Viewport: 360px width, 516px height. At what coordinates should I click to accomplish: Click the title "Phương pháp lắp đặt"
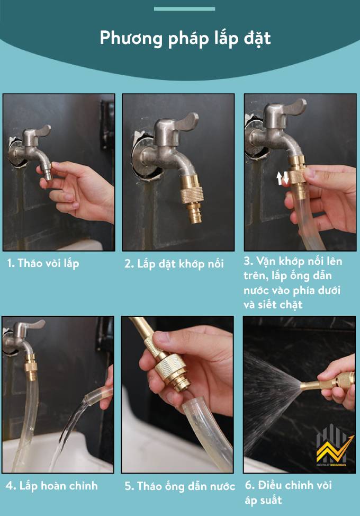coord(185,39)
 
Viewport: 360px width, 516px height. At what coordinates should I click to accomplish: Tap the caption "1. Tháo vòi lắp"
coord(43,264)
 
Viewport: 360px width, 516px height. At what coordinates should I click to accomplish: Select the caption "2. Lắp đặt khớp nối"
coord(174,264)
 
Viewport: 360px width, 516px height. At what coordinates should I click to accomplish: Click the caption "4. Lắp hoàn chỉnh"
coord(51,486)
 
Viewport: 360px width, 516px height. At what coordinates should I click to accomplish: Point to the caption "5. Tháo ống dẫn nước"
coord(179,486)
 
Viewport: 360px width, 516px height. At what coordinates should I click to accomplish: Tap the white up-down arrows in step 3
coord(282,177)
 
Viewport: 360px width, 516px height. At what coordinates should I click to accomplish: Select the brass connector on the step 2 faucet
coord(192,199)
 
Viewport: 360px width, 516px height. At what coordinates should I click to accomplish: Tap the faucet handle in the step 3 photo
coord(293,108)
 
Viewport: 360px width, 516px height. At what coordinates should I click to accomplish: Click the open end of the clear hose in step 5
coord(195,405)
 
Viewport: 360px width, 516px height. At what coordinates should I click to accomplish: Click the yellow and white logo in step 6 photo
coord(335,446)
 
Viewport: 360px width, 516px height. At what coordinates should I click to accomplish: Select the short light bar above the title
coord(184,9)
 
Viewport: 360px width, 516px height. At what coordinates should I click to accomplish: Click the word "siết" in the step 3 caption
coord(267,305)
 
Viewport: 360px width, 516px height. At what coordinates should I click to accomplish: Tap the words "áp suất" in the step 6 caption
coord(263,501)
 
